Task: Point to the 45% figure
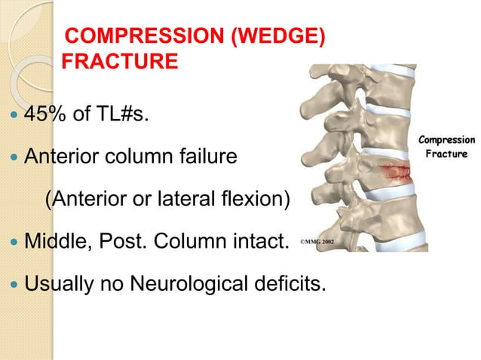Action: (x=44, y=115)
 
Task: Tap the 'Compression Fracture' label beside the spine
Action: (x=446, y=146)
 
